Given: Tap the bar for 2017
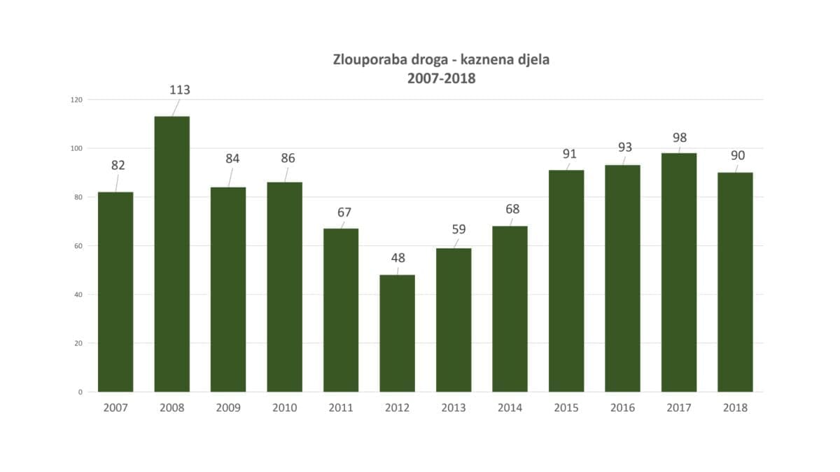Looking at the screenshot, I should tap(679, 272).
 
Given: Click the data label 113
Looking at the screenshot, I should tap(180, 90).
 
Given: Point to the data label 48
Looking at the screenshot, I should tap(398, 258).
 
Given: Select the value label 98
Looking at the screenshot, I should tap(680, 138).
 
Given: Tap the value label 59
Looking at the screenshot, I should tap(458, 229).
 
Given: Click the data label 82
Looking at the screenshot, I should tap(118, 166).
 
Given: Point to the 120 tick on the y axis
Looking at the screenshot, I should tap(76, 100).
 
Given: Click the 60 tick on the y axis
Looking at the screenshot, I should tap(78, 246).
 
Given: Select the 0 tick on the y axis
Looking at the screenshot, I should tap(80, 392).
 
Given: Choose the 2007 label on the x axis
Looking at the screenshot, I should tap(115, 408).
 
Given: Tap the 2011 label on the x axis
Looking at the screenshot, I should tap(341, 408).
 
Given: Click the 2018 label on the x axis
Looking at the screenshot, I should tap(735, 408).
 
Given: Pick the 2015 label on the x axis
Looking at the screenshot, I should tap(566, 408).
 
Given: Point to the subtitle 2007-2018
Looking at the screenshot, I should tap(441, 78).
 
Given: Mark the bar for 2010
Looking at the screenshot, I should tap(285, 287).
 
